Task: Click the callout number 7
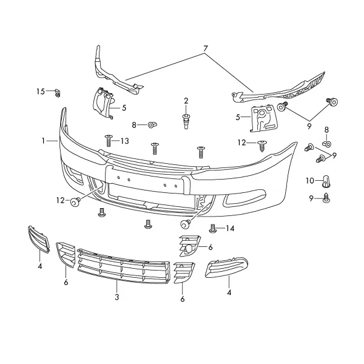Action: click(206, 49)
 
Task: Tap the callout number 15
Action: click(41, 92)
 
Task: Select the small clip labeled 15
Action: click(58, 93)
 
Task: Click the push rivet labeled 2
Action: click(186, 121)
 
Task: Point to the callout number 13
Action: click(124, 141)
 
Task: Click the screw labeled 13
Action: click(109, 141)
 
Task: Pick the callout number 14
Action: click(230, 229)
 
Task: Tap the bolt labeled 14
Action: click(213, 228)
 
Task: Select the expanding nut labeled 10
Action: click(326, 181)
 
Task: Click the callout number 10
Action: click(310, 181)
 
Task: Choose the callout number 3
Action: click(116, 297)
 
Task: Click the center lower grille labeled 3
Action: click(124, 266)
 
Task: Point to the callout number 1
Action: click(43, 141)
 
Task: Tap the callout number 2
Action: click(186, 101)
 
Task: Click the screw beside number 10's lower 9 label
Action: click(326, 198)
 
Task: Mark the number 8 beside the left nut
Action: click(134, 125)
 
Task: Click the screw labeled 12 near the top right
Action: click(262, 146)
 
